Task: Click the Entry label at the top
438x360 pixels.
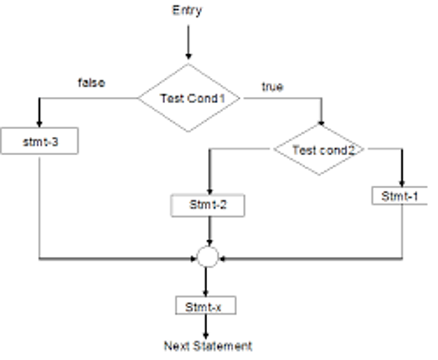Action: point(187,11)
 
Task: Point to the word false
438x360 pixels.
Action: point(92,83)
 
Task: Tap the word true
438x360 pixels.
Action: point(273,86)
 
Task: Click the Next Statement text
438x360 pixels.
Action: point(208,345)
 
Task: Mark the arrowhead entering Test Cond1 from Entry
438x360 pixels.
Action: point(189,56)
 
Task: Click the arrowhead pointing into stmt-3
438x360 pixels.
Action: point(40,124)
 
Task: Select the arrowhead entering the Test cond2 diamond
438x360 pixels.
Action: point(321,123)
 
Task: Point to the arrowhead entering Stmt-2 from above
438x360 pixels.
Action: point(209,191)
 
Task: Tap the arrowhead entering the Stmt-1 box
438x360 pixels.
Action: point(402,183)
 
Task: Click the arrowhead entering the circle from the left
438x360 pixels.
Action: point(194,259)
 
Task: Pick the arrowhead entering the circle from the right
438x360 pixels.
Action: point(222,259)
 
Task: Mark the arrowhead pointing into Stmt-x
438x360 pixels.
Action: point(206,293)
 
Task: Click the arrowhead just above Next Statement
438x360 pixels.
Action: point(206,336)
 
